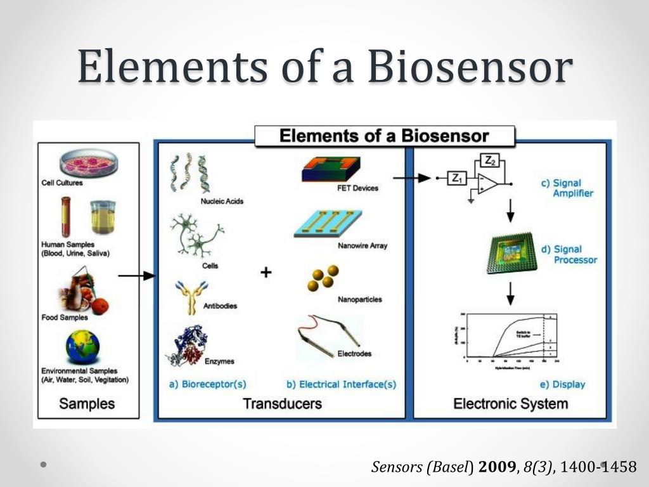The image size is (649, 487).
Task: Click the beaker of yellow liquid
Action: (x=103, y=218)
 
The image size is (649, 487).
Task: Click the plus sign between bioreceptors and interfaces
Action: (x=266, y=273)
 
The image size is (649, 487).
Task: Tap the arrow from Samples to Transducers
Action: (x=136, y=275)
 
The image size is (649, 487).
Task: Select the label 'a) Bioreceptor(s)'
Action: (x=207, y=384)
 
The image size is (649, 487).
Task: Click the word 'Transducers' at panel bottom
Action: (x=282, y=403)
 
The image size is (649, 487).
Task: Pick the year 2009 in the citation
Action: (x=498, y=467)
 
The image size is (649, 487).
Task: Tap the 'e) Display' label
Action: (x=562, y=384)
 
